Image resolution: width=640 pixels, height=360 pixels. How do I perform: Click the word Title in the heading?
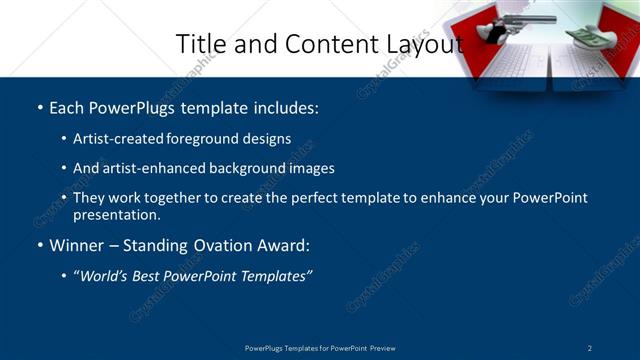199,44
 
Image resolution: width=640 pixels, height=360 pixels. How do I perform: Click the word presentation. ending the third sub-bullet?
116,214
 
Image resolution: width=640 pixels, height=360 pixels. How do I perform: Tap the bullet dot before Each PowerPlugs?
39,107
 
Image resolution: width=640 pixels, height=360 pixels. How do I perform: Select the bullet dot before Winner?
39,245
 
